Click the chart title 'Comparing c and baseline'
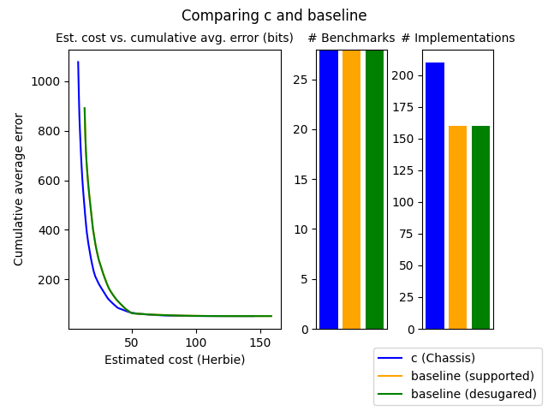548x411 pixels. [x=274, y=15]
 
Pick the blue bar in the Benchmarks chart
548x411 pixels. [x=329, y=189]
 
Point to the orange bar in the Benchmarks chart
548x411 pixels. [x=352, y=189]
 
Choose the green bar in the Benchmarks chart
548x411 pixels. [x=375, y=189]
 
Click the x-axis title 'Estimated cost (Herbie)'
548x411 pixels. [x=175, y=360]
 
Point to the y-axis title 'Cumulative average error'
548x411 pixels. [x=19, y=189]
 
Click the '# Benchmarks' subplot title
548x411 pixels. [x=351, y=39]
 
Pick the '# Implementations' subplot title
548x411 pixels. [x=458, y=39]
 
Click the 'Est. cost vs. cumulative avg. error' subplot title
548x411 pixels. [x=175, y=39]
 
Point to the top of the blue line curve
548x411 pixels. [x=78, y=62]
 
